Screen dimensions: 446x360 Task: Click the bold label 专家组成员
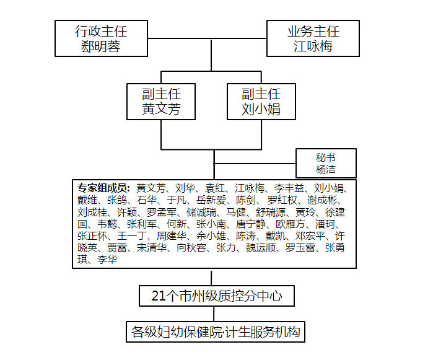[103, 188]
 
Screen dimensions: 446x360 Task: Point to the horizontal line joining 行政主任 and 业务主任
[207, 38]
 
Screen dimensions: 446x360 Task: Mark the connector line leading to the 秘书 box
[255, 164]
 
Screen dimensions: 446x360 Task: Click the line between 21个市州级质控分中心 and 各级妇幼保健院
[214, 314]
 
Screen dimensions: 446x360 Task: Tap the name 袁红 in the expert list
[215, 188]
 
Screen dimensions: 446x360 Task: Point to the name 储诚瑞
[201, 213]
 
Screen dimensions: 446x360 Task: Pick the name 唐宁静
[251, 224]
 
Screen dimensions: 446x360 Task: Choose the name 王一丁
[132, 236]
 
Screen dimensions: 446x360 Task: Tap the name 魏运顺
[261, 248]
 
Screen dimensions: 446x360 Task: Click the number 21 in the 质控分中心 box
[159, 296]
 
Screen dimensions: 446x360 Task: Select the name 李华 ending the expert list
[107, 260]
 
